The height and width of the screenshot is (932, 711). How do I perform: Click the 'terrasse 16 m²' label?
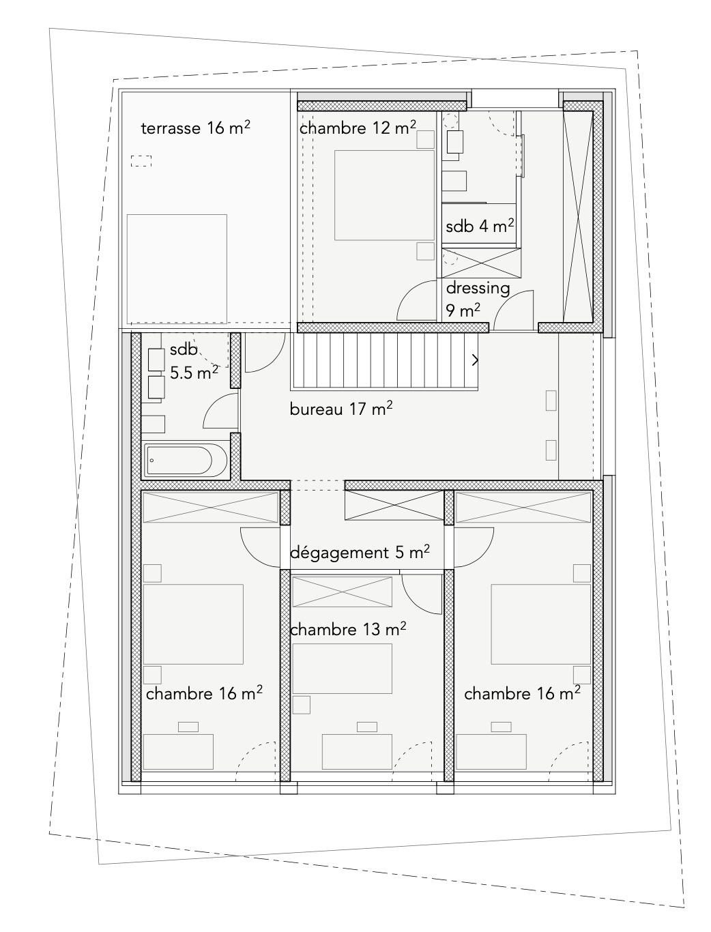point(194,128)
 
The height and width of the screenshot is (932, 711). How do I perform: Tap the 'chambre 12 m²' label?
point(358,128)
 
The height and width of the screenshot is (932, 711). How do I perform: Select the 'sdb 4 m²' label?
point(480,226)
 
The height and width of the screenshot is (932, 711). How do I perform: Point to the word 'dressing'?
point(478,288)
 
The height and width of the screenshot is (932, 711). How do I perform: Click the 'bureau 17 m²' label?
point(340,409)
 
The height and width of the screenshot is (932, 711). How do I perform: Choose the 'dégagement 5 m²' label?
point(360,552)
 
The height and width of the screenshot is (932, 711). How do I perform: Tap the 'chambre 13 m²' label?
point(348,628)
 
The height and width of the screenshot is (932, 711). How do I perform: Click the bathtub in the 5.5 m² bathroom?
point(185,461)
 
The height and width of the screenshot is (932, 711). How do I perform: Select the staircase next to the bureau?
point(386,360)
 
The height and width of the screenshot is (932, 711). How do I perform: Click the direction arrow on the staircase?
point(474,360)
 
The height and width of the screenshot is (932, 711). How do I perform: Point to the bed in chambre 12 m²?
point(384,195)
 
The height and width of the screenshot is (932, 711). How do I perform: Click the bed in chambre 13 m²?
point(343,669)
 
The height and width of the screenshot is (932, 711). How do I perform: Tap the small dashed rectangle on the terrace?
point(141,162)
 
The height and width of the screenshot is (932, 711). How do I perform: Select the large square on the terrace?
point(177,265)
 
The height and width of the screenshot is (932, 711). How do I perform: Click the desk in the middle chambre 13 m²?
point(357,751)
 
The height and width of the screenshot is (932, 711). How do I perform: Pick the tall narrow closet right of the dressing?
point(578,214)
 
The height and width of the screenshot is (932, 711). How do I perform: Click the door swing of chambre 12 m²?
point(415,302)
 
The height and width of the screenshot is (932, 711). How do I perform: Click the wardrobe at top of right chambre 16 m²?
point(523,507)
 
